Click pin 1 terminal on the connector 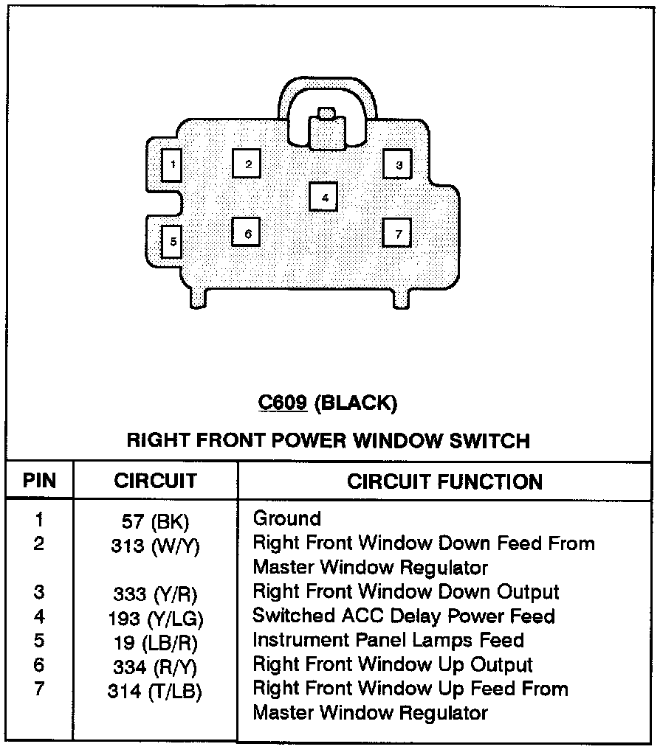click(x=172, y=164)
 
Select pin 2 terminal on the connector click(x=248, y=164)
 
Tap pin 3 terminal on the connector click(x=398, y=164)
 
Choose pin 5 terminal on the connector click(x=172, y=240)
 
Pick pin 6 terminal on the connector click(x=247, y=233)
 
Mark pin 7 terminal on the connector click(x=397, y=233)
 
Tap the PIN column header click(x=39, y=481)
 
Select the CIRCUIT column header click(x=155, y=481)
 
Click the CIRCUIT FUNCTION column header click(x=444, y=481)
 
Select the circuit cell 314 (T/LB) click(x=155, y=691)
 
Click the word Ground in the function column click(x=287, y=518)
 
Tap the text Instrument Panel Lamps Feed click(x=388, y=640)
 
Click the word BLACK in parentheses click(x=356, y=403)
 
